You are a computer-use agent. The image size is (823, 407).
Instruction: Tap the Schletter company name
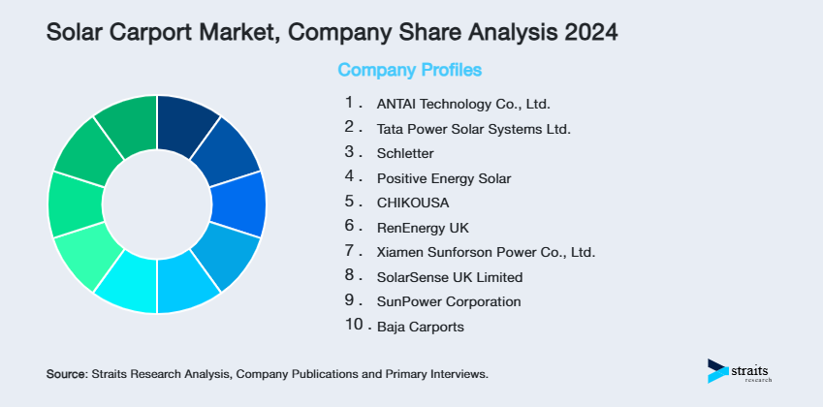tap(405, 153)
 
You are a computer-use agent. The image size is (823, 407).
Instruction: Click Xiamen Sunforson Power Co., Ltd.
tap(486, 253)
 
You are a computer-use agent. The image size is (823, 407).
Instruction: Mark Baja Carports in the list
tap(421, 328)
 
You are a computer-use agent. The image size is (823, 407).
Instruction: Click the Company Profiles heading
tap(409, 70)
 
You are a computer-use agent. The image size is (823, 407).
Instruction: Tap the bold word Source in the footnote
tap(66, 373)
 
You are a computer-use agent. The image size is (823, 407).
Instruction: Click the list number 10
tap(355, 327)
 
